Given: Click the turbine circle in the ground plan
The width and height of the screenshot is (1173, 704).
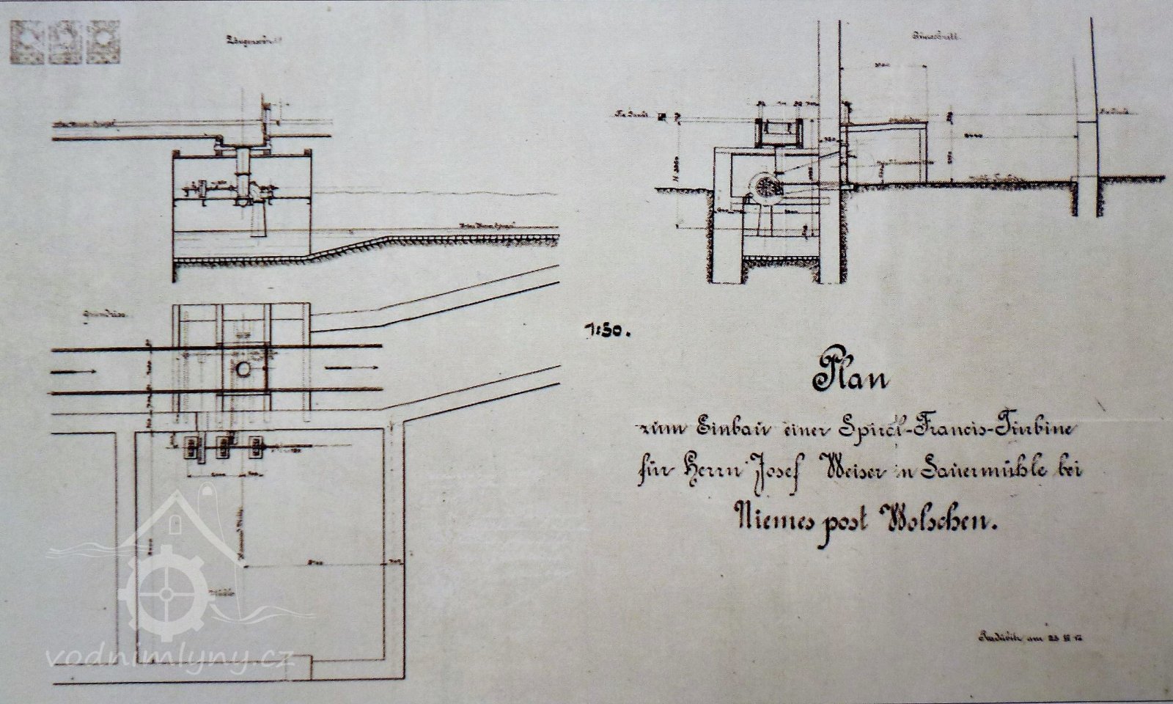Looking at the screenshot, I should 243,369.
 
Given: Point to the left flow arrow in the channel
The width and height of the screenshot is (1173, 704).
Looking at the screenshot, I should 76,372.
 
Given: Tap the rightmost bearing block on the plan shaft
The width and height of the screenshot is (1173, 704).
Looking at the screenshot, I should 257,447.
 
